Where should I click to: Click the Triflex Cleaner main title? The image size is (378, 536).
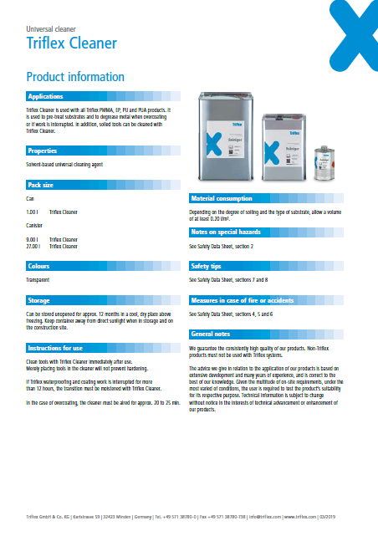tap(71, 43)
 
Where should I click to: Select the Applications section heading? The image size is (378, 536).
tap(47, 97)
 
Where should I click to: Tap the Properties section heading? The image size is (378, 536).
tap(43, 151)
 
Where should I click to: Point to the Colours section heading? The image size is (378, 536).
tap(40, 266)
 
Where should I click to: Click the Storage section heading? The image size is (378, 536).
tap(39, 299)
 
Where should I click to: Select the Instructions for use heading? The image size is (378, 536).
tap(55, 346)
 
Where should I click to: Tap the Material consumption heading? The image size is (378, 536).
tap(222, 199)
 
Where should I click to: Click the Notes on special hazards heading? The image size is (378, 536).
tap(226, 232)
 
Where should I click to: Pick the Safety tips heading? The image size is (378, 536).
tap(206, 266)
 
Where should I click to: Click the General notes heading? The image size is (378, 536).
tap(210, 333)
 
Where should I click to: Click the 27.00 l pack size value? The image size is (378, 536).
tap(33, 246)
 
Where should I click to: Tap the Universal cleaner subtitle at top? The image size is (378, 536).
tap(52, 28)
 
